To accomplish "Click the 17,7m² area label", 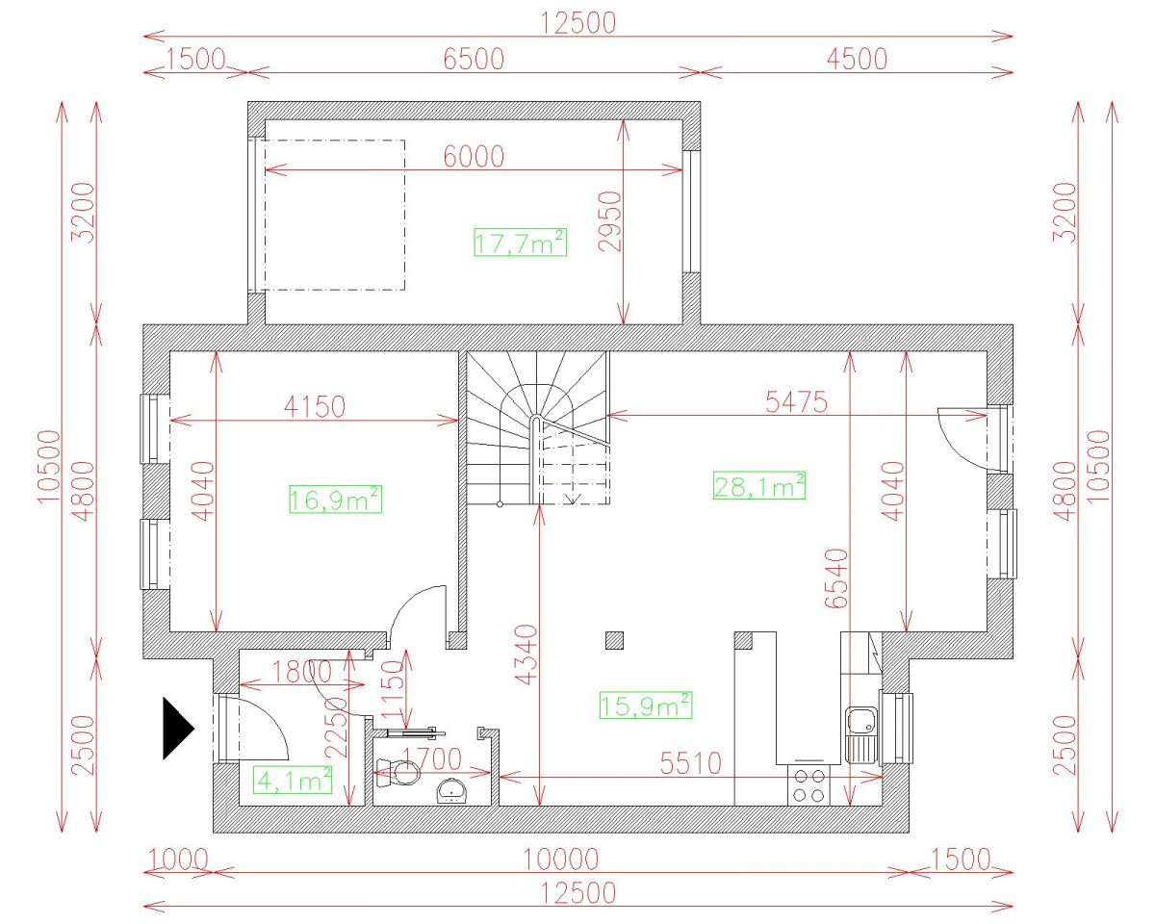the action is (x=520, y=243).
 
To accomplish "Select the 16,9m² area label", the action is (x=336, y=500).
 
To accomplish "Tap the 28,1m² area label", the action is (x=758, y=485).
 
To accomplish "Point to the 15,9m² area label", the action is (x=646, y=705).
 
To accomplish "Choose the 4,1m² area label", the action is (x=293, y=780).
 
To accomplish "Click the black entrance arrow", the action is (x=178, y=729).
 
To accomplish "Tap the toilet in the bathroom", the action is (x=398, y=773).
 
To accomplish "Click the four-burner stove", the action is (x=808, y=785).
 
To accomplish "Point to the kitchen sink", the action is (x=861, y=735).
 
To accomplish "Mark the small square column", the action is (x=614, y=640).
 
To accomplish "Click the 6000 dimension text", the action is (x=474, y=156).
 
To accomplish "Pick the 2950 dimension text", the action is (x=610, y=221).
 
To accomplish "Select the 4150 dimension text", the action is (x=315, y=406).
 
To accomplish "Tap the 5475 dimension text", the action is (x=797, y=401).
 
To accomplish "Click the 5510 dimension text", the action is (x=691, y=763).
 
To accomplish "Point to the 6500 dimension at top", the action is (x=474, y=59).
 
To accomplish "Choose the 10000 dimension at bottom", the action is (x=561, y=860).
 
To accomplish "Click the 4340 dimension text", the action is (x=526, y=654).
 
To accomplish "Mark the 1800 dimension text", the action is (x=302, y=671).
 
